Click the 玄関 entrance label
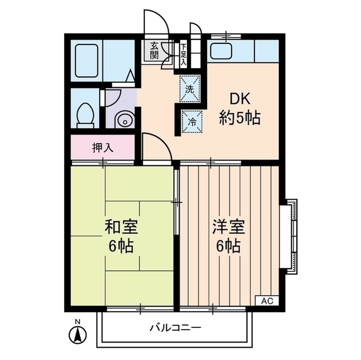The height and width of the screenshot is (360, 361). point(154,51)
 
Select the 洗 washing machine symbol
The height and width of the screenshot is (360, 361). point(190,88)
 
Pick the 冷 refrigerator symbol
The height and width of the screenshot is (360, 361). point(191,120)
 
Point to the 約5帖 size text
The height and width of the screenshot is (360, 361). point(239,119)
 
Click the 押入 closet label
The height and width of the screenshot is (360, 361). point(103,148)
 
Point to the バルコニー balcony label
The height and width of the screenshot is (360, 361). point(175,327)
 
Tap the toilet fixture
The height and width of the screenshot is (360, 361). point(85,114)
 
